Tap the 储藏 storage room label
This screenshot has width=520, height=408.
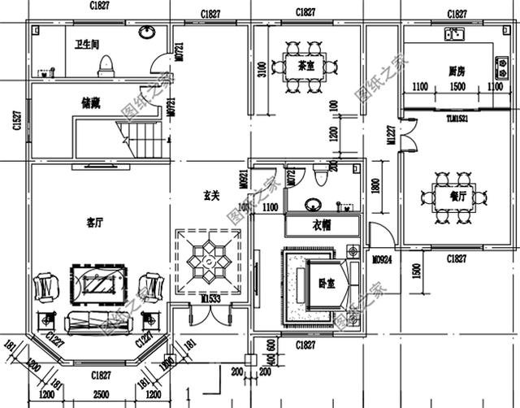[x=91, y=103]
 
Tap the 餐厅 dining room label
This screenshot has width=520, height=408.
[x=457, y=196]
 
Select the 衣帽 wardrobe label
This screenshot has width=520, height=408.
[x=322, y=225]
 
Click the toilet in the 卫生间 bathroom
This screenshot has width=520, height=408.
[x=106, y=64]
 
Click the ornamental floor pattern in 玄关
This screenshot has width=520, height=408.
[x=208, y=262]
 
